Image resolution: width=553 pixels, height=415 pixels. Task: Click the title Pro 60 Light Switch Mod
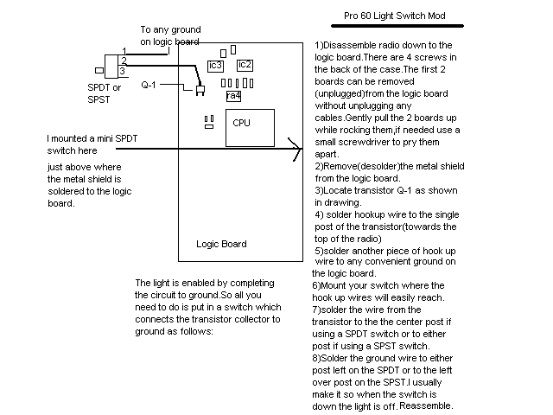(x=395, y=16)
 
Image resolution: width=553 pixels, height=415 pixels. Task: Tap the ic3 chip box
(x=215, y=66)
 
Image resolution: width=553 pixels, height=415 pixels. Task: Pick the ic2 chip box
(x=245, y=65)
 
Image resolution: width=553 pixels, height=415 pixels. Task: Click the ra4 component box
(x=233, y=96)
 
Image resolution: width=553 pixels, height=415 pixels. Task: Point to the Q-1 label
(x=149, y=85)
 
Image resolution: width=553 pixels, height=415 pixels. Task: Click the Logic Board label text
(x=221, y=244)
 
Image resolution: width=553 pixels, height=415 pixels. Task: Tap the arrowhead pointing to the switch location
(x=296, y=150)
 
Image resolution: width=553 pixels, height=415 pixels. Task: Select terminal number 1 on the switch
(x=124, y=51)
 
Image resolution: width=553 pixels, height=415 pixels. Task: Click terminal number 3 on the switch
(x=122, y=71)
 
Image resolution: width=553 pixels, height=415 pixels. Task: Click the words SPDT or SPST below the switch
(x=104, y=93)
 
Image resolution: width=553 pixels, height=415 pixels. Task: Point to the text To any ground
(x=171, y=29)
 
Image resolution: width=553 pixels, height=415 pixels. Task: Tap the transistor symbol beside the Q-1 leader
(x=200, y=90)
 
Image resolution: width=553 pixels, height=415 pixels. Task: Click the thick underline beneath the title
(x=397, y=26)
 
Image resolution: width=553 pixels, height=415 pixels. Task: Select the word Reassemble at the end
(x=425, y=405)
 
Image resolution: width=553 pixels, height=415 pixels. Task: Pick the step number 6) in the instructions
(x=316, y=285)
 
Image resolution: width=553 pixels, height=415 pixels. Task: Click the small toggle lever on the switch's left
(x=99, y=71)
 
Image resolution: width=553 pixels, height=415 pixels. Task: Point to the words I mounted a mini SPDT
(x=92, y=138)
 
